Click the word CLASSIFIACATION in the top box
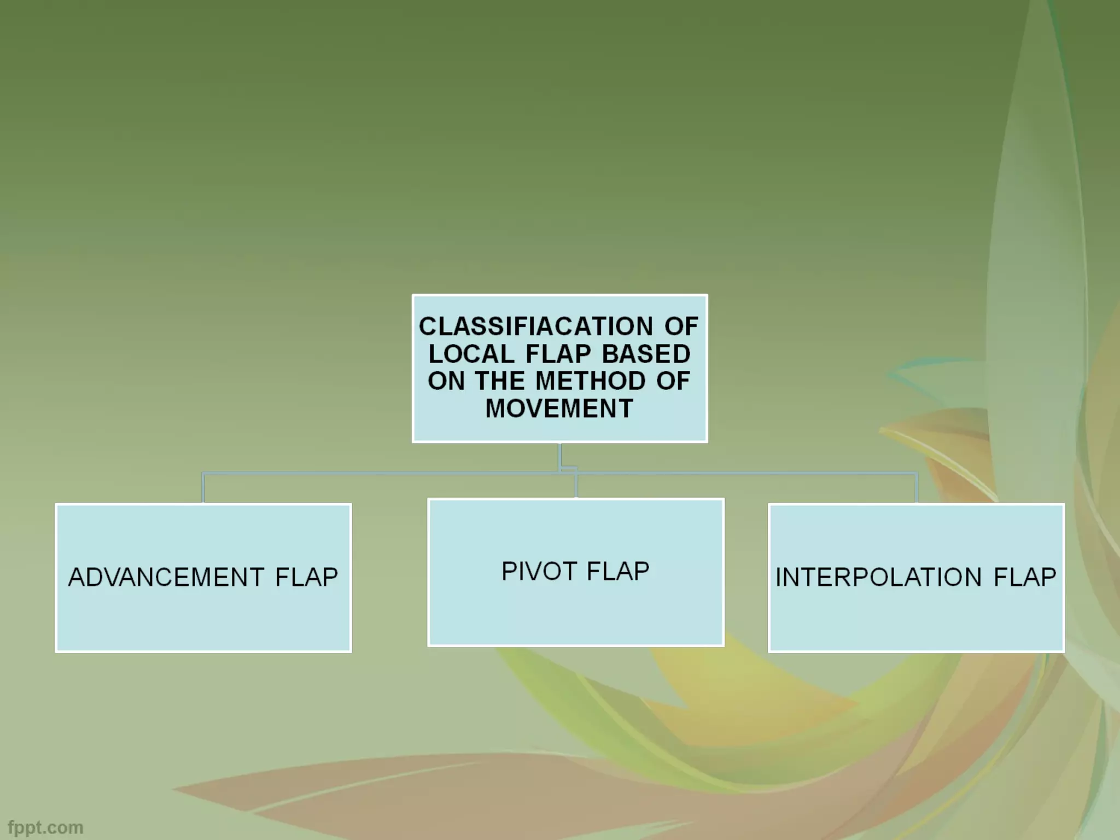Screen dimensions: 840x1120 point(535,326)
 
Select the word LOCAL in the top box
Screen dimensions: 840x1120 point(471,354)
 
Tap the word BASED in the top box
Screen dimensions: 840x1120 point(646,354)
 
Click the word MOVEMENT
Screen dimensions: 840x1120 point(559,408)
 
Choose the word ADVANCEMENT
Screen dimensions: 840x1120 point(166,577)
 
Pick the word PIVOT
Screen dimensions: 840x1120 point(539,571)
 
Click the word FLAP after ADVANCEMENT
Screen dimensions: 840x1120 point(307,577)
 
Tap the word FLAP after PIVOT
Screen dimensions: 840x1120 point(618,571)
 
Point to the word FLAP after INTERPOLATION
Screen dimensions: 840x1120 point(1025,577)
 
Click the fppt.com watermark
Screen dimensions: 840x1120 point(45,827)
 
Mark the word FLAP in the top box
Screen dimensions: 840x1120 point(558,354)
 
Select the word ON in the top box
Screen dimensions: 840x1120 point(446,381)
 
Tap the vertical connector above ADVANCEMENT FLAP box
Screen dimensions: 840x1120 point(203,487)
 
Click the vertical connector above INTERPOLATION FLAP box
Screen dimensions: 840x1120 point(917,487)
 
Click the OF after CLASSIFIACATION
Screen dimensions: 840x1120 point(681,326)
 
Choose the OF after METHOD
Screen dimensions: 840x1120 point(673,381)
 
